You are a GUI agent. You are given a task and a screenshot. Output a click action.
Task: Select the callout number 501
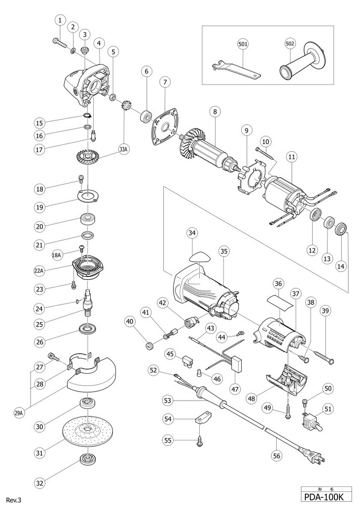click(243, 44)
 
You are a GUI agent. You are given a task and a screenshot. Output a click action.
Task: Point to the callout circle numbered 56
click(277, 456)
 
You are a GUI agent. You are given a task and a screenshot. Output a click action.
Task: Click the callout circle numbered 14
click(341, 265)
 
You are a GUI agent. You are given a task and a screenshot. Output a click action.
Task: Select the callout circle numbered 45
click(170, 354)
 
